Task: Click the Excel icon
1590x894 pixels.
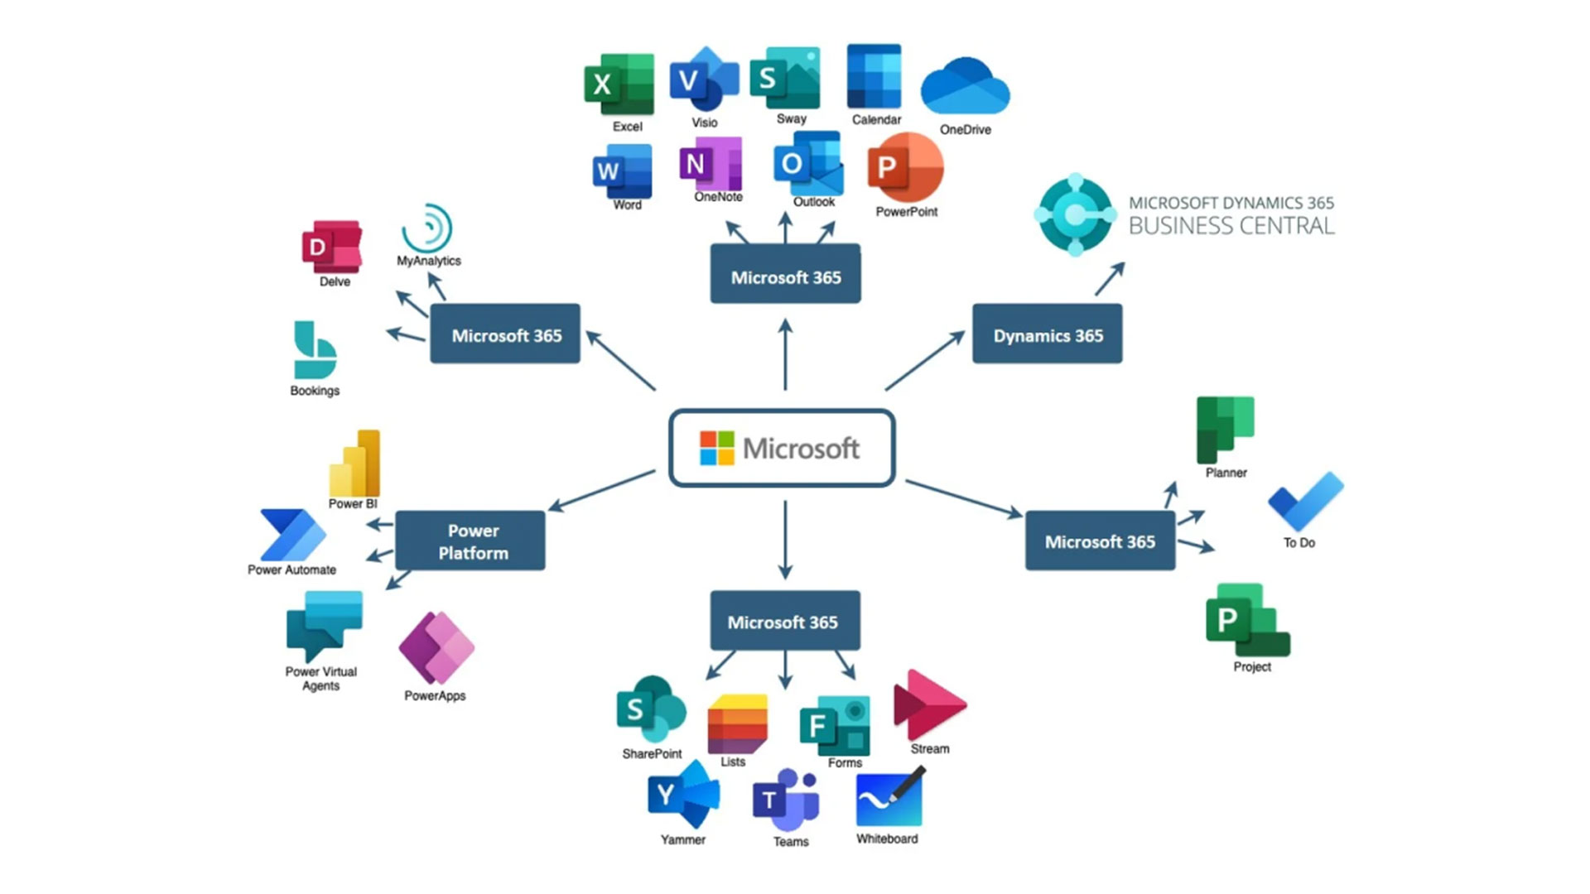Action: click(619, 84)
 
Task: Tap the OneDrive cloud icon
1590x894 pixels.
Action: click(965, 86)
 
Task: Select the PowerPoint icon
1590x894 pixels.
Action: click(905, 168)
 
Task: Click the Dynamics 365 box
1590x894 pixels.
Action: click(1047, 334)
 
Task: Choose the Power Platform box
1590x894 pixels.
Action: click(470, 541)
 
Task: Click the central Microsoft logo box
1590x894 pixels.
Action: click(782, 448)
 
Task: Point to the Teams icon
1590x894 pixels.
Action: click(786, 800)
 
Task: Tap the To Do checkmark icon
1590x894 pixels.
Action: click(1305, 502)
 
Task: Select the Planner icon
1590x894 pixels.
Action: click(1225, 429)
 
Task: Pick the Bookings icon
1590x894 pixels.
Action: click(314, 350)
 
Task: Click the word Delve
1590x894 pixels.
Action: click(335, 282)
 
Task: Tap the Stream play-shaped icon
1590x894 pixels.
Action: click(927, 704)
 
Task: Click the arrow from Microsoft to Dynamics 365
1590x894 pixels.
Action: click(924, 361)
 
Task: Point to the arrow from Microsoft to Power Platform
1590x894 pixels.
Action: click(601, 490)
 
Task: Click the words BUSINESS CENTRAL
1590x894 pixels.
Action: click(1231, 226)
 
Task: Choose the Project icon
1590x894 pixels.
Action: click(1247, 621)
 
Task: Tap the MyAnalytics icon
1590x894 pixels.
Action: click(427, 228)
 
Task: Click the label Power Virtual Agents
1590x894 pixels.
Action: click(320, 679)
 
